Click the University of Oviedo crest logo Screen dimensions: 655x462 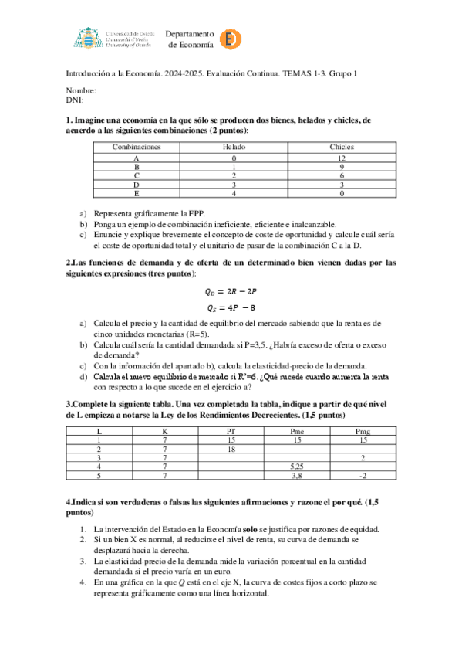click(88, 38)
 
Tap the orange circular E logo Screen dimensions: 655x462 click(228, 39)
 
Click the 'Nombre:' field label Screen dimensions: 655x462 click(79, 90)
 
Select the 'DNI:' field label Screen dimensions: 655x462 click(74, 100)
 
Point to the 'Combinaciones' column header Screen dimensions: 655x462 click(137, 146)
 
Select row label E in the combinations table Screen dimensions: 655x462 click(137, 194)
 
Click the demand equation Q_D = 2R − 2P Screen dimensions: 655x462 click(231, 292)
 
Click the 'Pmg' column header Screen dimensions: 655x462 click(363, 430)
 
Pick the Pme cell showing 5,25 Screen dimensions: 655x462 click(296, 467)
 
